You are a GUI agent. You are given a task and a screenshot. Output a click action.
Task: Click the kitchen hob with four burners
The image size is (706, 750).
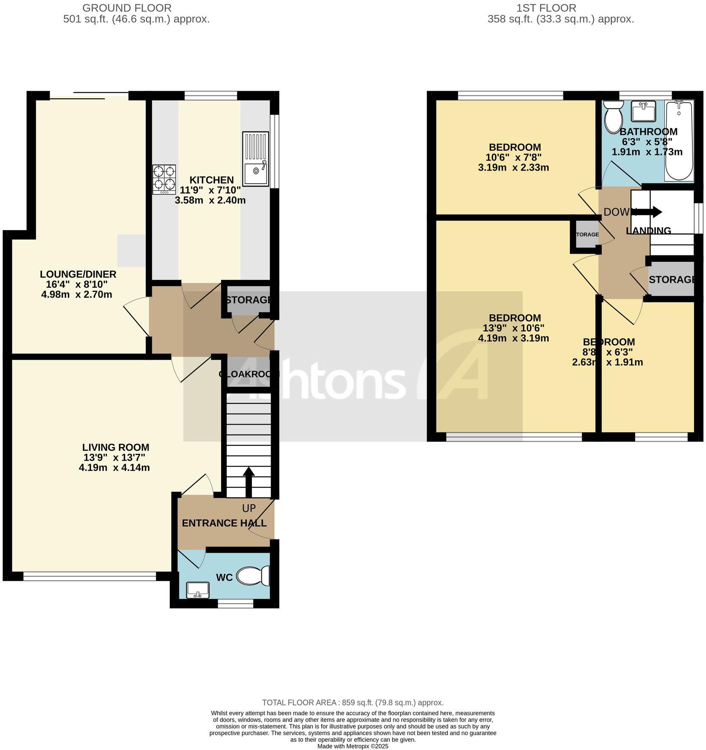pyautogui.click(x=164, y=179)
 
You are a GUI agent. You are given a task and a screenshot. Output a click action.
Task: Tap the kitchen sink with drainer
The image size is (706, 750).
pyautogui.click(x=256, y=159)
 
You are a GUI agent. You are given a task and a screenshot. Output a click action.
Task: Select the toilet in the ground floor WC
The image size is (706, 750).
pyautogui.click(x=253, y=576)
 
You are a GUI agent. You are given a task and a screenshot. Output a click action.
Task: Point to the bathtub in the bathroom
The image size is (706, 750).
pyautogui.click(x=679, y=141)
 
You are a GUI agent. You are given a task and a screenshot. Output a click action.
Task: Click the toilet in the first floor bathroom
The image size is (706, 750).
pyautogui.click(x=612, y=117)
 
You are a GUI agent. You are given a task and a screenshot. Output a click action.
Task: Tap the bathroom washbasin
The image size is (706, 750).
pyautogui.click(x=644, y=111)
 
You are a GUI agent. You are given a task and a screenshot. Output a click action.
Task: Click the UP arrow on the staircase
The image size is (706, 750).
pyautogui.click(x=248, y=481)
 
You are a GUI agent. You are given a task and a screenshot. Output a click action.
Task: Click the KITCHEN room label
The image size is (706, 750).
pyautogui.click(x=211, y=180)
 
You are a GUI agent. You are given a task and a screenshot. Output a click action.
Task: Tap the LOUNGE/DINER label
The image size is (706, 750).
pyautogui.click(x=78, y=274)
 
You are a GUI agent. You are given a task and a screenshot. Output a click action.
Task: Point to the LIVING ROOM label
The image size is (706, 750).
pyautogui.click(x=115, y=447)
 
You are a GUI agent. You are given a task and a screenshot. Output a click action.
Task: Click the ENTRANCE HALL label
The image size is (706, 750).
pyautogui.click(x=224, y=523)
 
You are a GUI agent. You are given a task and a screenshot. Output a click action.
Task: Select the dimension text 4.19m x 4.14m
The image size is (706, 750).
pyautogui.click(x=114, y=468)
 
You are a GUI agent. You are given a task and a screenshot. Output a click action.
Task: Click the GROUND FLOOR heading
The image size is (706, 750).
pyautogui.click(x=127, y=8)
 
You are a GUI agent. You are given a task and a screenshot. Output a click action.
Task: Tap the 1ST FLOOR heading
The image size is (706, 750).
pyautogui.click(x=546, y=8)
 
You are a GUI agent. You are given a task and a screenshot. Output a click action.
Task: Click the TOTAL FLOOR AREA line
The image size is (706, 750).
pyautogui.click(x=353, y=702)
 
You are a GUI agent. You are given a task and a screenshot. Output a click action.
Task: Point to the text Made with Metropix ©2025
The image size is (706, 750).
pyautogui.click(x=353, y=746)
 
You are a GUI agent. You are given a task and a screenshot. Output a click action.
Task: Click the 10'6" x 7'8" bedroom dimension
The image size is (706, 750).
pyautogui.click(x=513, y=157)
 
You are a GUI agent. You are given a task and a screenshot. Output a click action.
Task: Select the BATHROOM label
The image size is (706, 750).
pyautogui.click(x=648, y=132)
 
